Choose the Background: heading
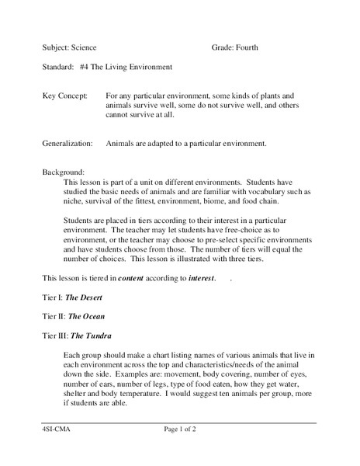click(x=63, y=172)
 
